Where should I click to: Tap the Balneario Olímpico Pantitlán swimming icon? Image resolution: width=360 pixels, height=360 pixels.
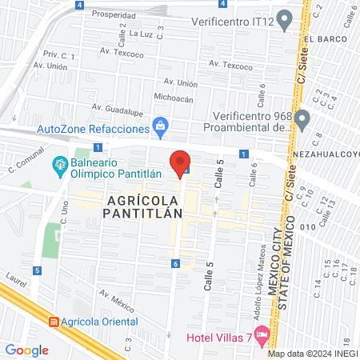[59, 166]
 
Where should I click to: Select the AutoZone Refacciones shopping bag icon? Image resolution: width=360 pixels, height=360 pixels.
[161, 126]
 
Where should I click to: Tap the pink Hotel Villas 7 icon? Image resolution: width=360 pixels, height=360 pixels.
[259, 334]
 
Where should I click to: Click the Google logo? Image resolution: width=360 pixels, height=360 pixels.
[26, 350]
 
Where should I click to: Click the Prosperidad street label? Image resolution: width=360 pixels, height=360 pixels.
[114, 14]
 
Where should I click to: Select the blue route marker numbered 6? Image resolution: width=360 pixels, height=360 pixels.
[174, 263]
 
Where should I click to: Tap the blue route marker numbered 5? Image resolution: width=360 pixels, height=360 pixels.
[38, 270]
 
